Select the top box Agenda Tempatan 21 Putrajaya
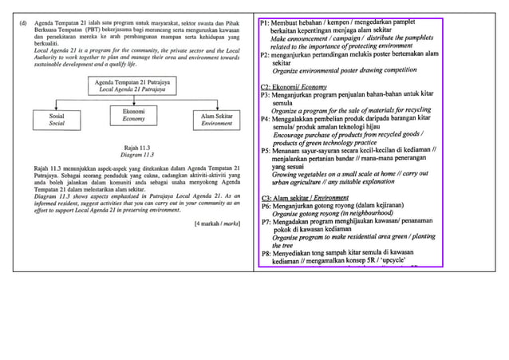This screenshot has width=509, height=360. (x=134, y=86)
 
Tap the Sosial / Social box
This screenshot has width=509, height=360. (x=57, y=121)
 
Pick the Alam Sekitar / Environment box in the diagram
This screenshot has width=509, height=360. (x=217, y=121)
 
